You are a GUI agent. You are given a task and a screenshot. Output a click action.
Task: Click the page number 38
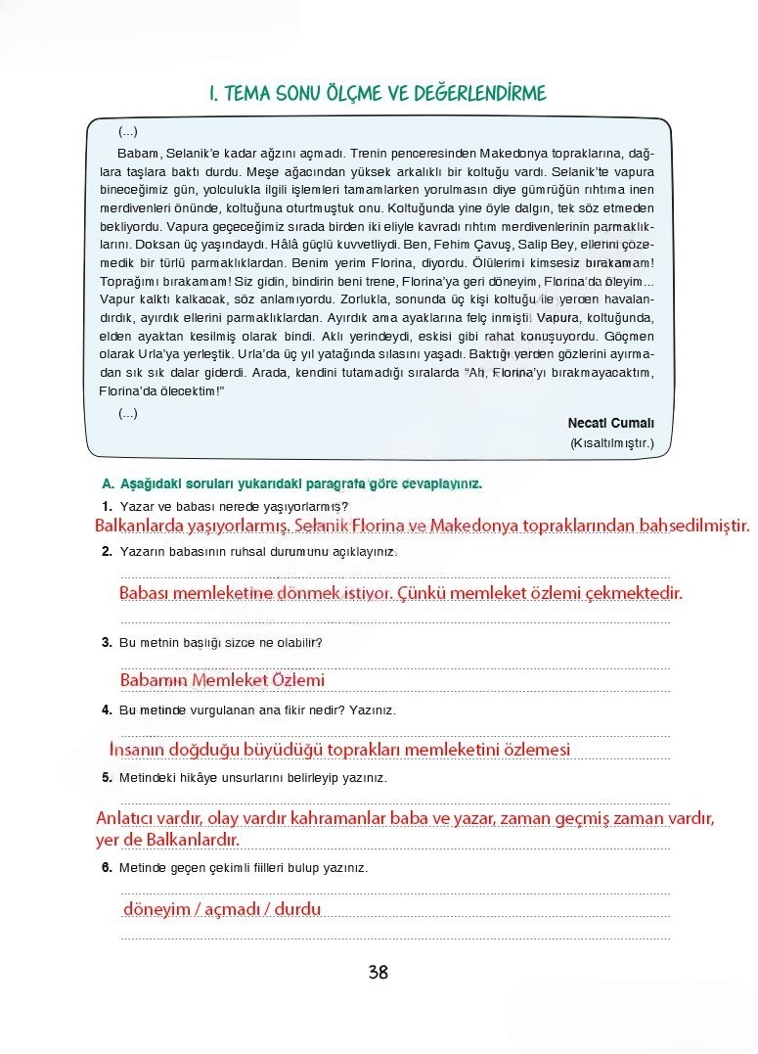click(x=379, y=972)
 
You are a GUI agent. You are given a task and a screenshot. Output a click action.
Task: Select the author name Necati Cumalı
click(x=610, y=423)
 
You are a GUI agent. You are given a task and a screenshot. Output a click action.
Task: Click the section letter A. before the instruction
click(x=108, y=484)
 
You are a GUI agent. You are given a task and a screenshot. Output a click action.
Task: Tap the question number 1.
click(x=107, y=506)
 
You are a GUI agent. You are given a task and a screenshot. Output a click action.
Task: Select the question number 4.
click(x=107, y=710)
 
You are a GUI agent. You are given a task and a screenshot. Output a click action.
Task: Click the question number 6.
click(x=107, y=867)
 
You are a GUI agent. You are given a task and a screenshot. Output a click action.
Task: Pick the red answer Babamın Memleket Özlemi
click(x=222, y=679)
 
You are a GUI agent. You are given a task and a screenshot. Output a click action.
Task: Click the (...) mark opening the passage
click(x=128, y=132)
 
